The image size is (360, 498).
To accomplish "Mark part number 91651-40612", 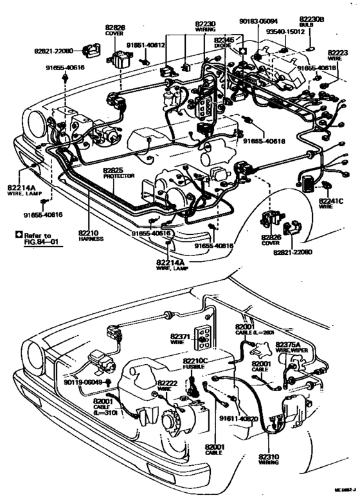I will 146,45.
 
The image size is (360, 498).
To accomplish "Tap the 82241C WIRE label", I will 331,204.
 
